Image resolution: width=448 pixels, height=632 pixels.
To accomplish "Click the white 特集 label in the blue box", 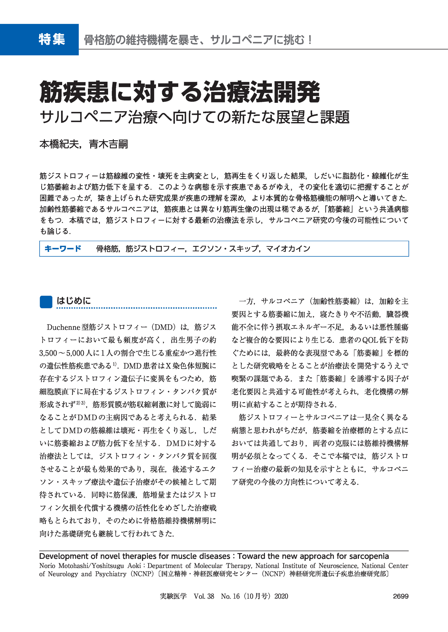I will (52, 39).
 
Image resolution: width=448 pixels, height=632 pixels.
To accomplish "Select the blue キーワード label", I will (63, 249).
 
